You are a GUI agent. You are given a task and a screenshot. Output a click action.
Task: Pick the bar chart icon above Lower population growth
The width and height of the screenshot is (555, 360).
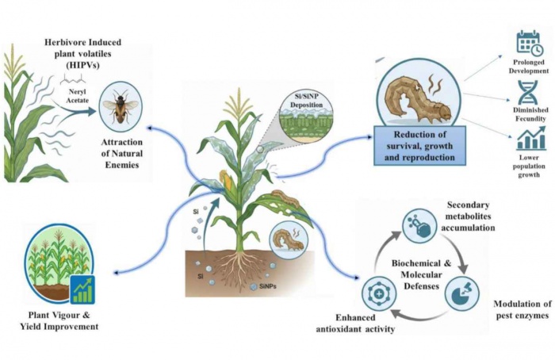tap(528, 142)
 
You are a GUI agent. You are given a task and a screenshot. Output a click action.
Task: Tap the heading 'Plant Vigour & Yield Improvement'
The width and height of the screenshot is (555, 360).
tap(59, 320)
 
